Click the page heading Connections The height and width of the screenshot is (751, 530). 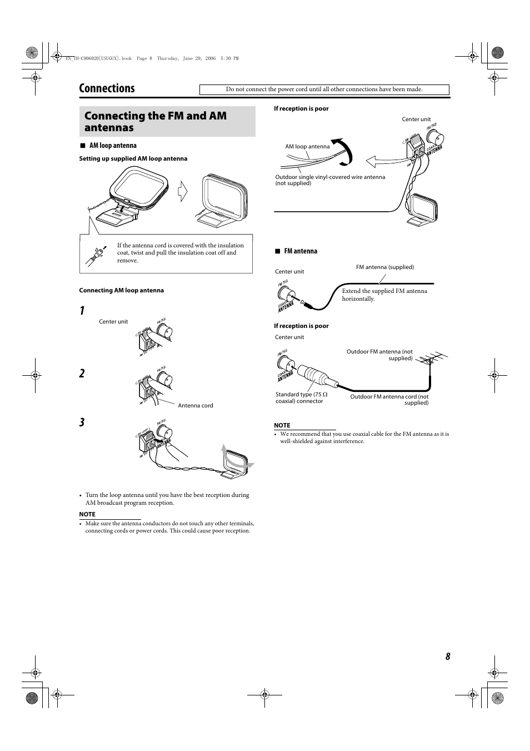(x=107, y=88)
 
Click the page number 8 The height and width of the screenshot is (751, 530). (x=447, y=656)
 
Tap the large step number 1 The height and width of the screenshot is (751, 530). (x=82, y=311)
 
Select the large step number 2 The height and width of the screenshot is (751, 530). (x=82, y=374)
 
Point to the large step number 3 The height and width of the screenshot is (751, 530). (x=82, y=422)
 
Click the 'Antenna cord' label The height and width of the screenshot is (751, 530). (x=195, y=406)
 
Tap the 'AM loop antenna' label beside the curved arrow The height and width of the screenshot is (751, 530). (x=307, y=147)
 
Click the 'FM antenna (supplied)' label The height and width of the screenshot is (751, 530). (x=384, y=267)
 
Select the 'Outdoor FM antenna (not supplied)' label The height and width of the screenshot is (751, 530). (x=380, y=355)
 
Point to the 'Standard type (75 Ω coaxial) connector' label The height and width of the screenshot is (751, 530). (x=301, y=398)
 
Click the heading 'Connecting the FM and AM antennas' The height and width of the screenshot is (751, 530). (x=156, y=122)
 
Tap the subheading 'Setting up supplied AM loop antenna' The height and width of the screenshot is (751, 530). (x=133, y=159)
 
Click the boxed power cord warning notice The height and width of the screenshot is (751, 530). (x=324, y=89)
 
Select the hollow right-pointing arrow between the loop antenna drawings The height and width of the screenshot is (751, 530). (x=183, y=192)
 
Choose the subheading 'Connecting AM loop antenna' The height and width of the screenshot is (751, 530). (x=122, y=291)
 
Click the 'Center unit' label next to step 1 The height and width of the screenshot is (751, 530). (x=113, y=322)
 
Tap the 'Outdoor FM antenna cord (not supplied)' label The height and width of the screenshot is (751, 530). (x=389, y=400)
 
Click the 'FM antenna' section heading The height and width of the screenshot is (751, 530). (x=301, y=251)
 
